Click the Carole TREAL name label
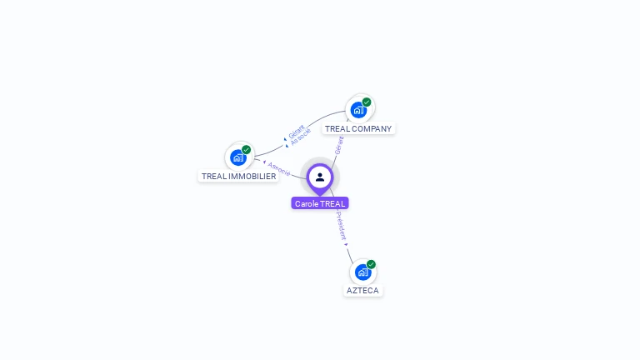[320, 203]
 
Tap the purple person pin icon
[320, 177]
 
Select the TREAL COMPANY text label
[358, 129]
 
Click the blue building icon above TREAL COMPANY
[358, 110]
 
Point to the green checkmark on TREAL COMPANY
[367, 102]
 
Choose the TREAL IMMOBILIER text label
[238, 177]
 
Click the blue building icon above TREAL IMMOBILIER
[238, 157]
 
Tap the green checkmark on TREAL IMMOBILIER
[247, 150]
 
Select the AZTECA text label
[362, 291]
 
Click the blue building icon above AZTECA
[362, 272]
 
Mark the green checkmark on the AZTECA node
[371, 264]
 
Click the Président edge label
[341, 225]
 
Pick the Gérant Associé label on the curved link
[298, 134]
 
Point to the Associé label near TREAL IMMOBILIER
[279, 169]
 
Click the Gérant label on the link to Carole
[339, 145]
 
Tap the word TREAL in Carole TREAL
[332, 203]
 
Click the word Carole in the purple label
[307, 203]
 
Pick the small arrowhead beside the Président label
[346, 244]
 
